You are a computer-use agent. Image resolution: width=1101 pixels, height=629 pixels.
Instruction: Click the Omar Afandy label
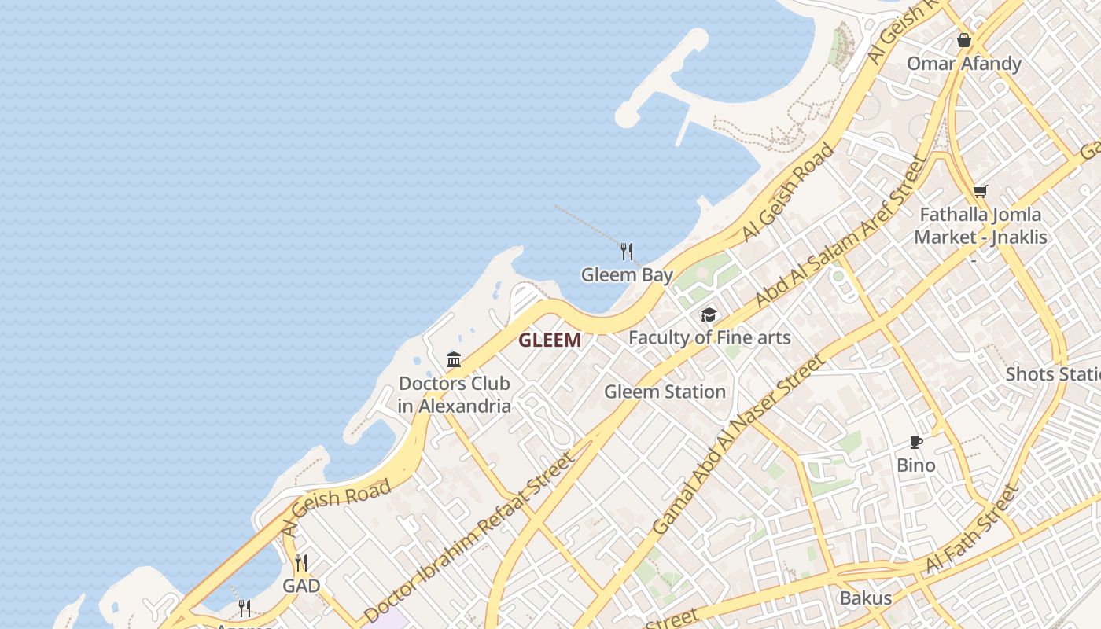coord(964,64)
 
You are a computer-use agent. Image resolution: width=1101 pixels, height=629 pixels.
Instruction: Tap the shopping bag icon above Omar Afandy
coord(964,40)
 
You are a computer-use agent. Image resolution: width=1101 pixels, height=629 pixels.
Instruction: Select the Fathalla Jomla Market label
coord(980,225)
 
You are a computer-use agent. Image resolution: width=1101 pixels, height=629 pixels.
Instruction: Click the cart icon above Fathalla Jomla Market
coord(980,191)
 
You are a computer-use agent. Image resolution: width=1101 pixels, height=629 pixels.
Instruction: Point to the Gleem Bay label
coord(627,274)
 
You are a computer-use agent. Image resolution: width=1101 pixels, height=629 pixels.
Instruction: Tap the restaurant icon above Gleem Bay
coord(627,251)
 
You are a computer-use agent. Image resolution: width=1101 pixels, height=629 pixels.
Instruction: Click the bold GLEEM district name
coord(550,340)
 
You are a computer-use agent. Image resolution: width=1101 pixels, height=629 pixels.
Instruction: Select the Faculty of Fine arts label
coord(709,337)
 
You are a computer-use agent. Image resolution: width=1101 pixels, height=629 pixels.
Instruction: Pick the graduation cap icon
coord(709,315)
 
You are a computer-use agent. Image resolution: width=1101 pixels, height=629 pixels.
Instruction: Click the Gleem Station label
coord(665,392)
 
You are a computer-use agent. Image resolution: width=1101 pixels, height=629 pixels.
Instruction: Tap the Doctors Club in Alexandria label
coord(454,395)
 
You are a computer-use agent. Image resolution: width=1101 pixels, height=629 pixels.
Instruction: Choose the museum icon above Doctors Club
coord(454,360)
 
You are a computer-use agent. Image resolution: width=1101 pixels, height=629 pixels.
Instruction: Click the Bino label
coord(916,465)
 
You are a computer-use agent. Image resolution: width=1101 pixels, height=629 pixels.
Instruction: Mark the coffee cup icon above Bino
coord(916,442)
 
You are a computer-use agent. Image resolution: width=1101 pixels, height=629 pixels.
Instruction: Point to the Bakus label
coord(866,598)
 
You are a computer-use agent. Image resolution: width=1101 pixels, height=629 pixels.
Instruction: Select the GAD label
coord(301,586)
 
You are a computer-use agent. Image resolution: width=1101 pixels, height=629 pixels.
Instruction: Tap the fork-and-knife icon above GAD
coord(301,563)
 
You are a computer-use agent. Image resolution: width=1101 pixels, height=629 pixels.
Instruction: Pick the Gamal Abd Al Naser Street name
coord(738,445)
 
